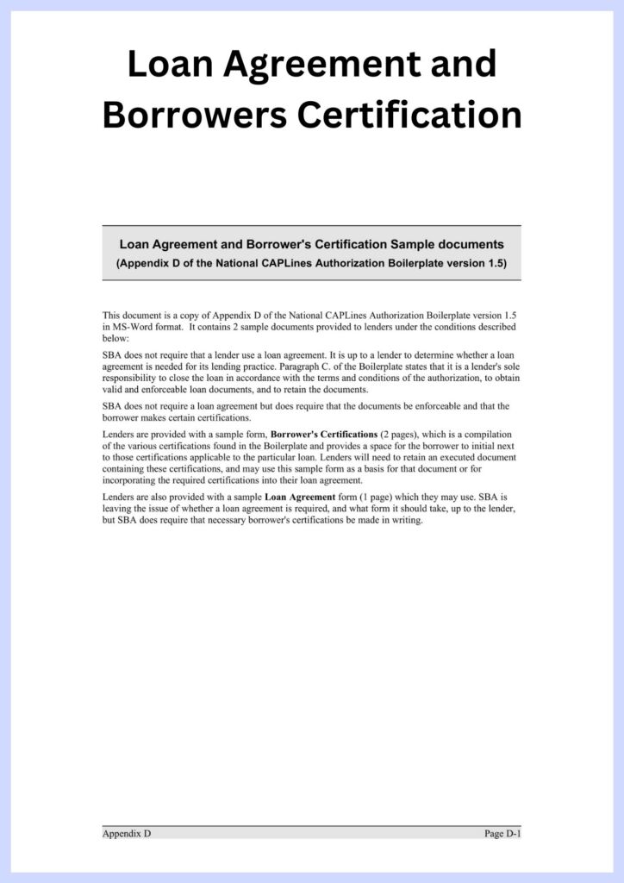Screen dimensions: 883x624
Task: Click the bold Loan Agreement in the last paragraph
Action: point(299,498)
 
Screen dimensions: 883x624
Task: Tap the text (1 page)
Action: point(360,498)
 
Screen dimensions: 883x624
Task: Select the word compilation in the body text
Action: point(487,435)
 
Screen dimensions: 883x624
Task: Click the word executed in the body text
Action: point(448,458)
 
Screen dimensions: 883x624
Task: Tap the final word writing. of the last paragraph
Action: point(407,520)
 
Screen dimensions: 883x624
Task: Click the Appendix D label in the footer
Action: point(127,834)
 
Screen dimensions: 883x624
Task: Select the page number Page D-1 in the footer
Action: point(502,834)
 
